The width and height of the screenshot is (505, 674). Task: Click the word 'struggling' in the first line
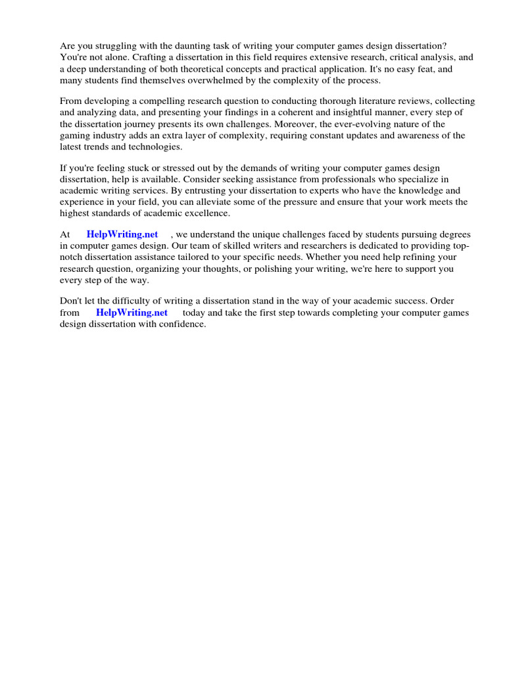116,45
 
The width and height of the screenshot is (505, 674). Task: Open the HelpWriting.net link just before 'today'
132,313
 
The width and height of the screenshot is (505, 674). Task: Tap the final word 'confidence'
182,324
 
